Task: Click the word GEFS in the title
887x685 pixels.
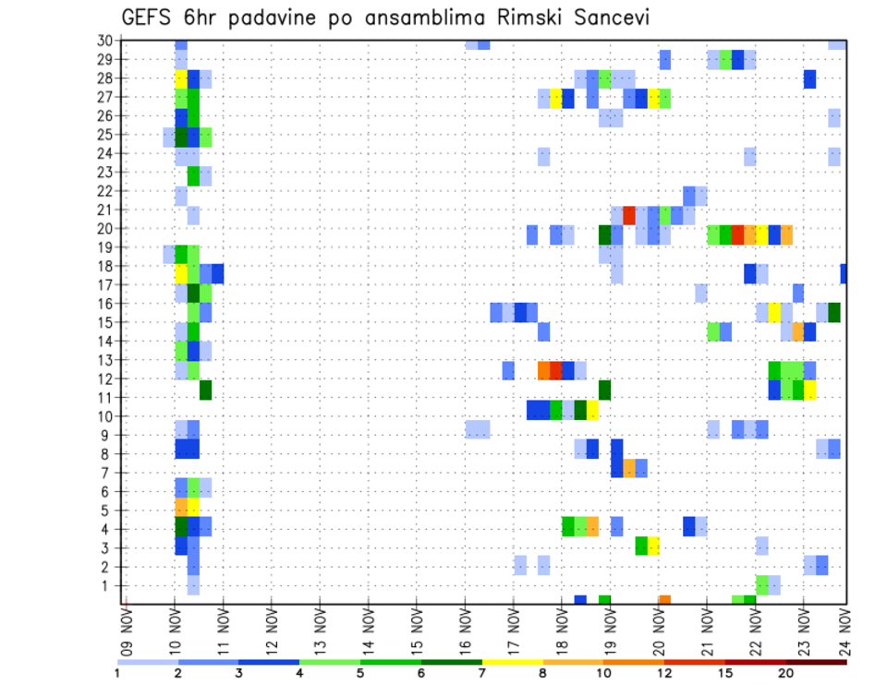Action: coord(151,18)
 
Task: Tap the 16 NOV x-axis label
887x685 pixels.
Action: coord(464,629)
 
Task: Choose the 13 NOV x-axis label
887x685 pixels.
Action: coord(319,629)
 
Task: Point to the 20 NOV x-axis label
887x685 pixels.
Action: coord(657,629)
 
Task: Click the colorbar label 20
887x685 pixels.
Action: coord(785,673)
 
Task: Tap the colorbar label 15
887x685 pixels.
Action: coord(725,673)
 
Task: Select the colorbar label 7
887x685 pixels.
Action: coord(481,673)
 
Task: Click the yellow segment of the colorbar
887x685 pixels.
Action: coord(512,662)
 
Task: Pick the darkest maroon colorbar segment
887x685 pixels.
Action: coord(816,662)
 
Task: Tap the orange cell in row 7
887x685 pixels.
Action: coord(629,468)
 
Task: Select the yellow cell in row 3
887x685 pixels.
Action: coord(653,546)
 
